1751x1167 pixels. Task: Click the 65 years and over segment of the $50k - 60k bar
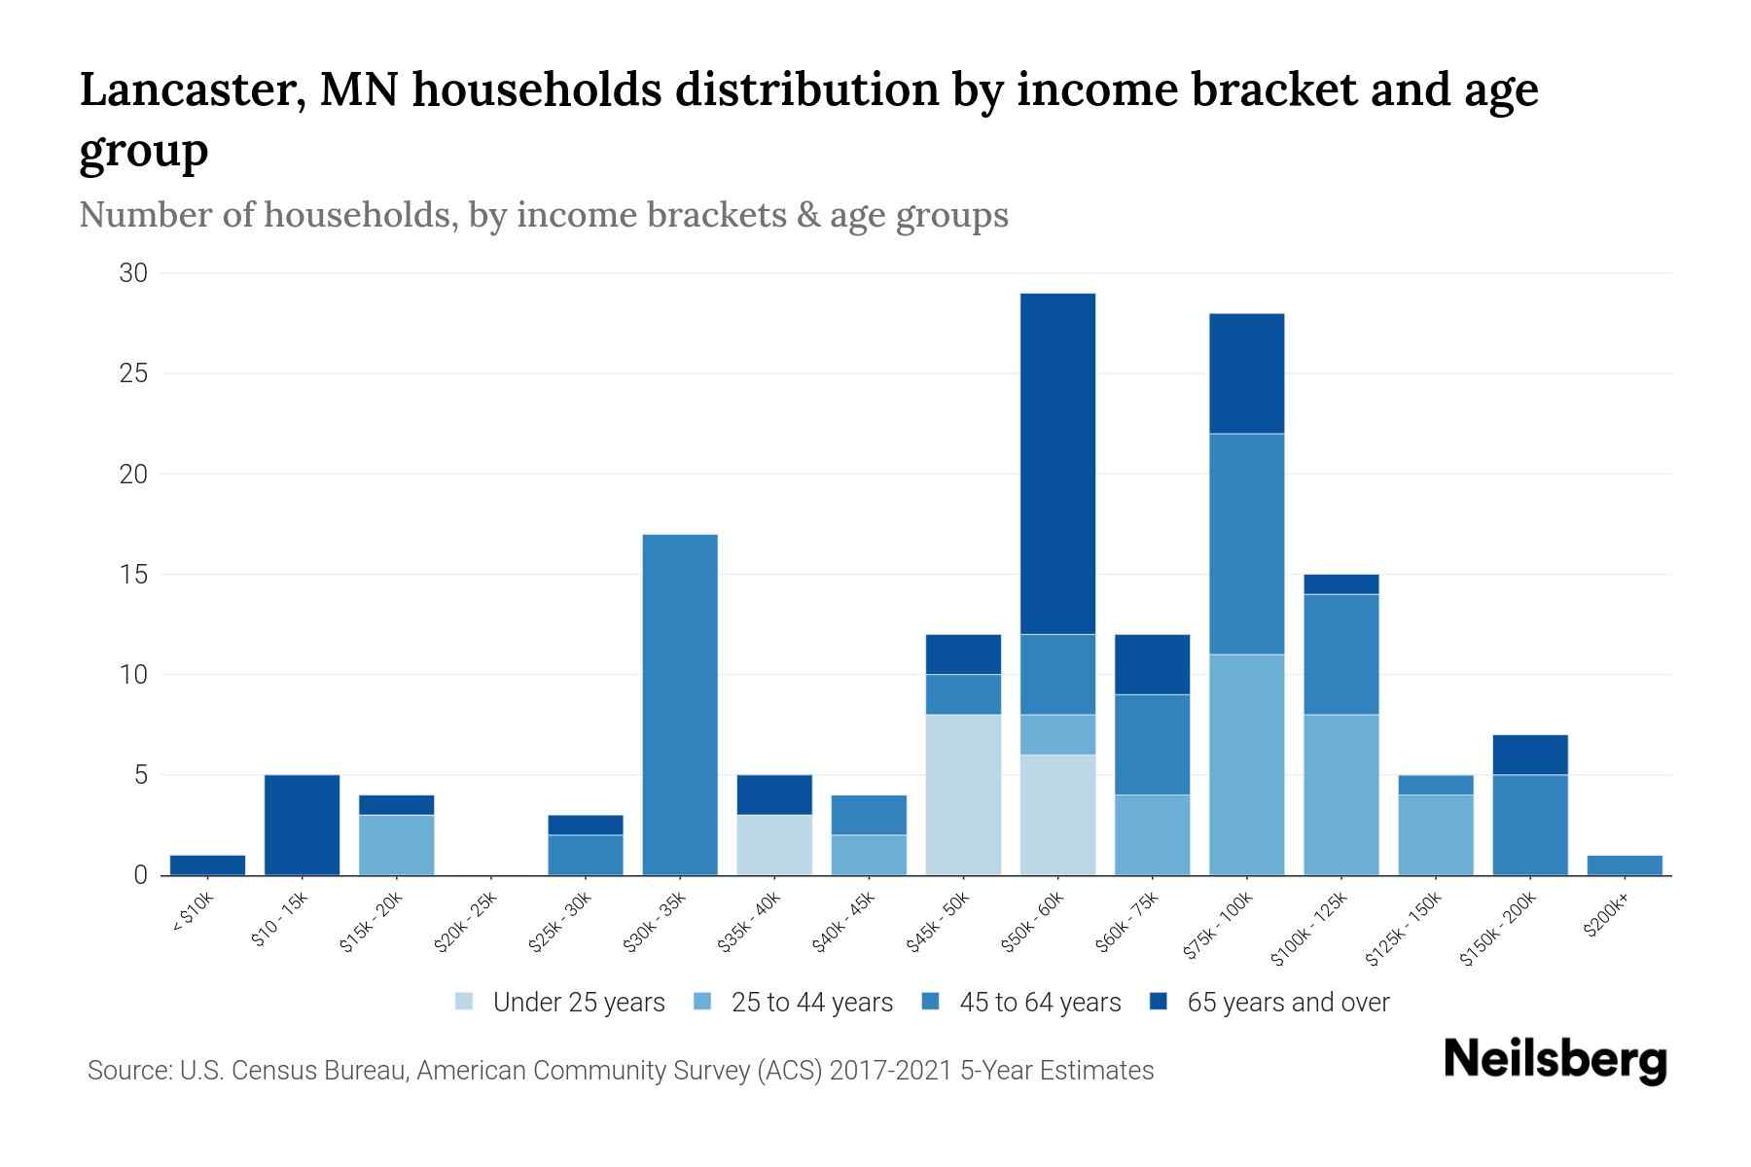(x=1057, y=464)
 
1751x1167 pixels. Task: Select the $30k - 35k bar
(x=680, y=705)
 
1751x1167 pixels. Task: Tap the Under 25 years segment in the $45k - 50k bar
(x=963, y=795)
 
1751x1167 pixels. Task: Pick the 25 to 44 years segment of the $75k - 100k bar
(x=1246, y=764)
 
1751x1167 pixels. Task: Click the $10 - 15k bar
(x=302, y=825)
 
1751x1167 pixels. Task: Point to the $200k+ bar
(x=1624, y=865)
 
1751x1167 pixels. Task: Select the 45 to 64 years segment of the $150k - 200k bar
(x=1529, y=825)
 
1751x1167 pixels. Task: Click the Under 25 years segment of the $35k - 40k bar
(x=774, y=844)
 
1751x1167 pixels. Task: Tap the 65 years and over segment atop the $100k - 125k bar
(x=1340, y=583)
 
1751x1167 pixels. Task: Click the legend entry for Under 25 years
(x=560, y=1002)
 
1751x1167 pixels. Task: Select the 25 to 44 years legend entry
(x=794, y=1002)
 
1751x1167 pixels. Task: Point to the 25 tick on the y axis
(x=133, y=373)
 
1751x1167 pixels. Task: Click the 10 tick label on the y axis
(x=133, y=674)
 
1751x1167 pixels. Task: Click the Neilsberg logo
(x=1554, y=1060)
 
